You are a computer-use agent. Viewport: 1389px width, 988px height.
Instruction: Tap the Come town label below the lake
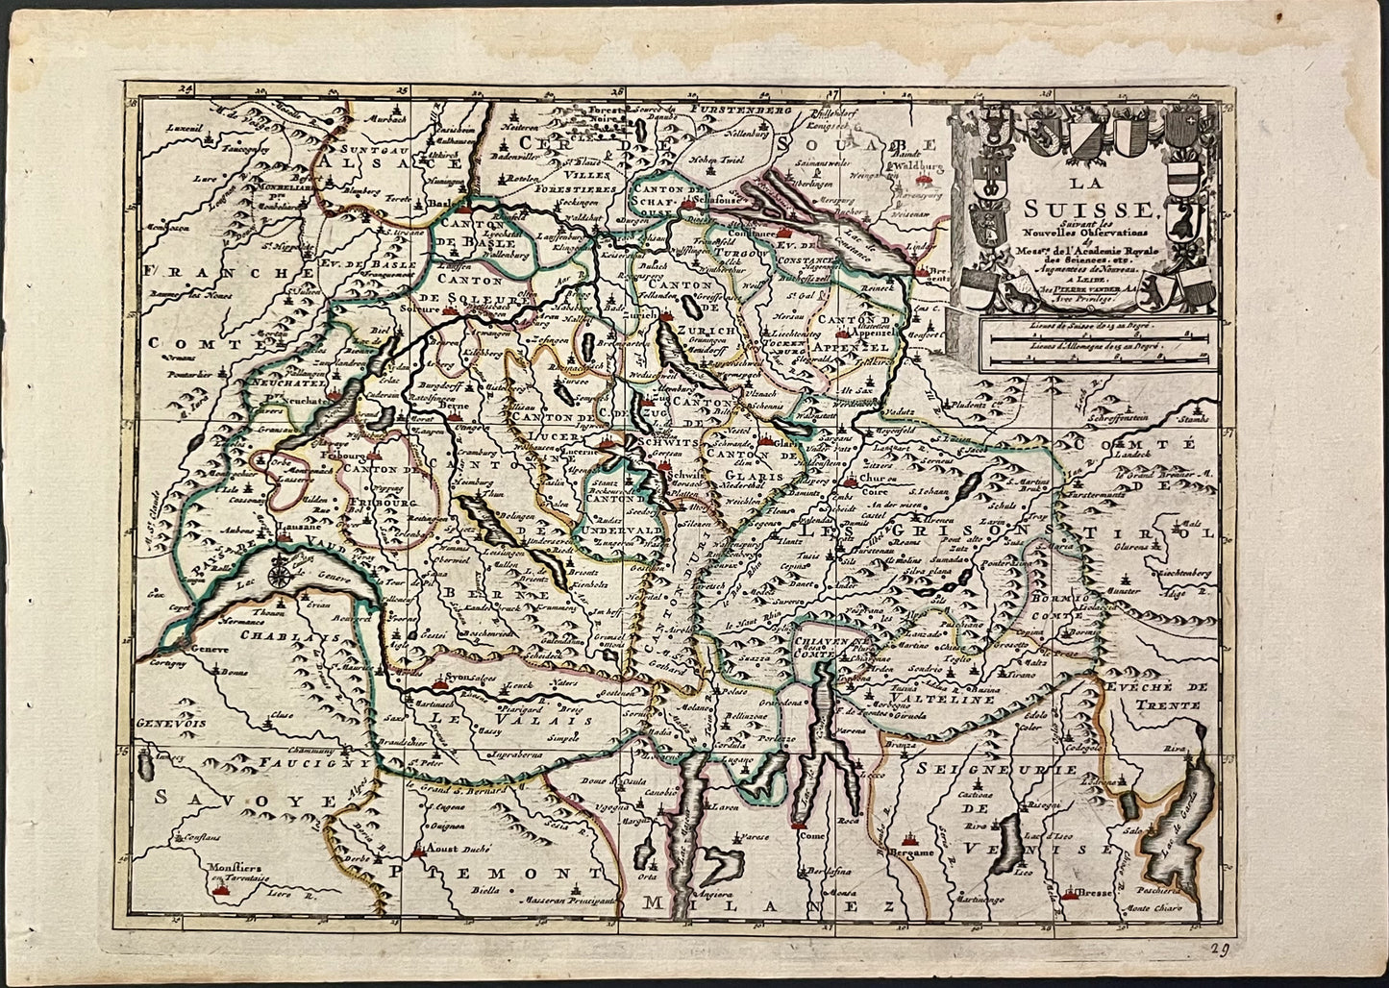[811, 836]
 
